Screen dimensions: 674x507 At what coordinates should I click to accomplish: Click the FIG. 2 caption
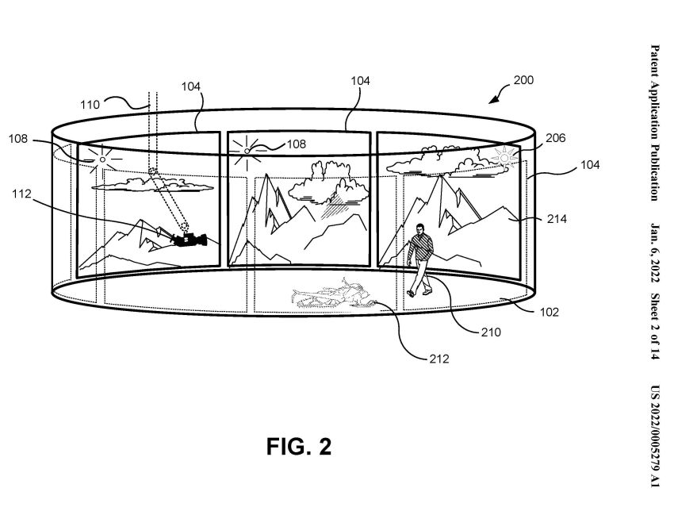click(x=299, y=447)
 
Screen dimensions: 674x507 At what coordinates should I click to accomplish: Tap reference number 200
click(x=523, y=80)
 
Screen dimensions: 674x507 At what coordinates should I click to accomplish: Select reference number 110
click(x=90, y=105)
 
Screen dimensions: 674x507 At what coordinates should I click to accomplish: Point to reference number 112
click(x=21, y=194)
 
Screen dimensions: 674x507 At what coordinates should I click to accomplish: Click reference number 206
click(x=555, y=137)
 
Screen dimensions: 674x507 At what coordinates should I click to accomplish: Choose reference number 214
click(x=557, y=219)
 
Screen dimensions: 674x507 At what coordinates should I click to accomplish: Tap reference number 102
click(x=549, y=312)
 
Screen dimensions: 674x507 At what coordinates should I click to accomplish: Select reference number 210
click(x=491, y=332)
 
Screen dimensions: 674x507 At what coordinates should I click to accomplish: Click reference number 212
click(x=438, y=359)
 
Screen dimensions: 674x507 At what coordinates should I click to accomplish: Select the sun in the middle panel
click(x=247, y=151)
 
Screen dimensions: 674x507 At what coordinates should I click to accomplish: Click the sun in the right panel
click(x=504, y=158)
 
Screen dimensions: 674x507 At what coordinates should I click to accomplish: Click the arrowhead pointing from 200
click(x=493, y=99)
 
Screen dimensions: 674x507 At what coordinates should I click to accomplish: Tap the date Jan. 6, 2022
click(x=654, y=253)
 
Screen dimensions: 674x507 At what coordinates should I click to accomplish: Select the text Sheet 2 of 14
click(x=654, y=326)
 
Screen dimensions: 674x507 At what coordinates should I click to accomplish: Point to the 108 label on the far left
click(x=17, y=139)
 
